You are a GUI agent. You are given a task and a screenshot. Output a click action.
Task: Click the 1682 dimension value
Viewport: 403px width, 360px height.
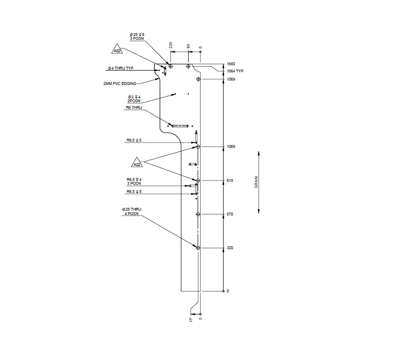(x=231, y=64)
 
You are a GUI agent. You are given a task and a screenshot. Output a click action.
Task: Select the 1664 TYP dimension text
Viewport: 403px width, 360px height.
(x=235, y=71)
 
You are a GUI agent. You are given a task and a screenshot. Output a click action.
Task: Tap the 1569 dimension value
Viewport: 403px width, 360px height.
(x=231, y=79)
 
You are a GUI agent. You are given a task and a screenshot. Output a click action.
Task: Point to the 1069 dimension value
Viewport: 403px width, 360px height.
(x=231, y=146)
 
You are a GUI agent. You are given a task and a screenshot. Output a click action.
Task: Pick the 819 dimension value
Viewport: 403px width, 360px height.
(x=230, y=180)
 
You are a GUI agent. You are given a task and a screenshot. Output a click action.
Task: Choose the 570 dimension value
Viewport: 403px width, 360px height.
(x=230, y=214)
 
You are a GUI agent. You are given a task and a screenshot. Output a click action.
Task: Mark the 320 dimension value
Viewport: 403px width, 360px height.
(x=230, y=248)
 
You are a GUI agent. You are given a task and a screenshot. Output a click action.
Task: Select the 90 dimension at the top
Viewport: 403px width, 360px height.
(x=188, y=46)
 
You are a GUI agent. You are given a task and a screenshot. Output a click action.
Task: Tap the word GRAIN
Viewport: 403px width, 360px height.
(x=257, y=182)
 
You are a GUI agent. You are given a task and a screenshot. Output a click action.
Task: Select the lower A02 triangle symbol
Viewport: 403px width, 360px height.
(x=137, y=164)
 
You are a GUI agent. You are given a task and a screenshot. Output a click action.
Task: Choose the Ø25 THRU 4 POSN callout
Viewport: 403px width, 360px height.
(x=132, y=212)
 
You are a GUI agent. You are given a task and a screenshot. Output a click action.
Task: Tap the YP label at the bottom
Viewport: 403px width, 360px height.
(x=190, y=319)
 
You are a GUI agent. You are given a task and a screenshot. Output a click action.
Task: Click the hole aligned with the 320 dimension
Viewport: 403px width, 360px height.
(x=198, y=248)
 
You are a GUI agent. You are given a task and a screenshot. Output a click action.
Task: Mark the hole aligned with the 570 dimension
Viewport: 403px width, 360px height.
(x=198, y=214)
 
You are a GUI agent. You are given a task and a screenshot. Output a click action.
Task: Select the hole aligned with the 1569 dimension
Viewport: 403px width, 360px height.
(x=198, y=79)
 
